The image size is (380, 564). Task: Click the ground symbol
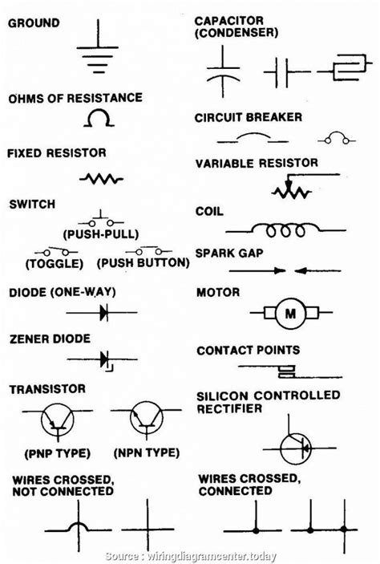98,47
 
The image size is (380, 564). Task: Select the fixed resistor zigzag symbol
101,178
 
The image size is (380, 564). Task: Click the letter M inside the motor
290,314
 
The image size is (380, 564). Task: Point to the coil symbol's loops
285,231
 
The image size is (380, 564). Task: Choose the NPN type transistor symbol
147,419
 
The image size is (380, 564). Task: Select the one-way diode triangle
104,312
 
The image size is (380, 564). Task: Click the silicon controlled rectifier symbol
296,448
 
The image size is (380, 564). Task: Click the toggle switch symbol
56,251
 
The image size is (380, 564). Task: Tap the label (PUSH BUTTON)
143,263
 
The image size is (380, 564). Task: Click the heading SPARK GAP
229,254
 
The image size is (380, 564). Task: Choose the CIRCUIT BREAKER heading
248,117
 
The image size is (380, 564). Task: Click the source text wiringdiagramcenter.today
212,556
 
